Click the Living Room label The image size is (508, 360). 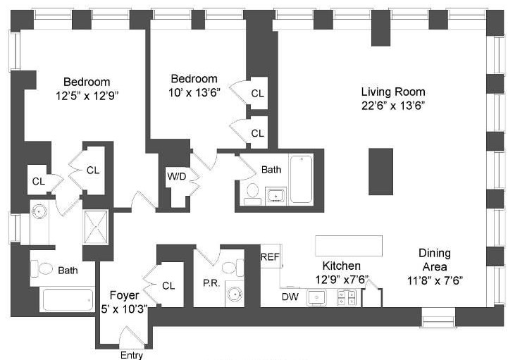pyautogui.click(x=393, y=92)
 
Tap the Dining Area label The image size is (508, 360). pyautogui.click(x=435, y=254)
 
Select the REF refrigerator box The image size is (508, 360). pyautogui.click(x=271, y=257)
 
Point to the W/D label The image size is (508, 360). pyautogui.click(x=177, y=176)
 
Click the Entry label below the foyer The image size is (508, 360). pyautogui.click(x=132, y=355)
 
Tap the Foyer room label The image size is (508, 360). pyautogui.click(x=128, y=294)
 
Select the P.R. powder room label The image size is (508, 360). pyautogui.click(x=210, y=282)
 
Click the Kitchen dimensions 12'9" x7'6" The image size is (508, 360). pyautogui.click(x=341, y=280)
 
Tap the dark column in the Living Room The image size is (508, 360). pyautogui.click(x=380, y=171)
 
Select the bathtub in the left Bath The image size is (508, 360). pyautogui.click(x=68, y=299)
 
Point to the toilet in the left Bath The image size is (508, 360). pyautogui.click(x=44, y=268)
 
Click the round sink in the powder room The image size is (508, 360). pyautogui.click(x=234, y=296)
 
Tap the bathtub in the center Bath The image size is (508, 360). pyautogui.click(x=301, y=178)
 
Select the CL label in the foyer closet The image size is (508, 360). pyautogui.click(x=168, y=285)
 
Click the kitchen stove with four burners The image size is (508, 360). pyautogui.click(x=346, y=298)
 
